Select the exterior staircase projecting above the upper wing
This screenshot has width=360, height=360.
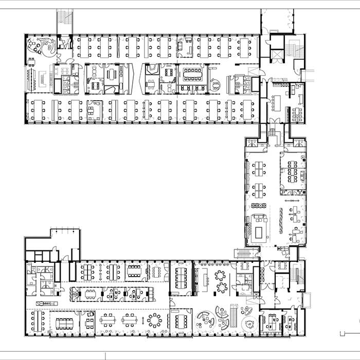(x=65, y=21)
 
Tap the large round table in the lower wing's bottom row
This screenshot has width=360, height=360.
(x=154, y=320)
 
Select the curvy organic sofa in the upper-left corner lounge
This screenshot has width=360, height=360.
(x=50, y=48)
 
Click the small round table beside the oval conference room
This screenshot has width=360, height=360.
(x=217, y=82)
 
